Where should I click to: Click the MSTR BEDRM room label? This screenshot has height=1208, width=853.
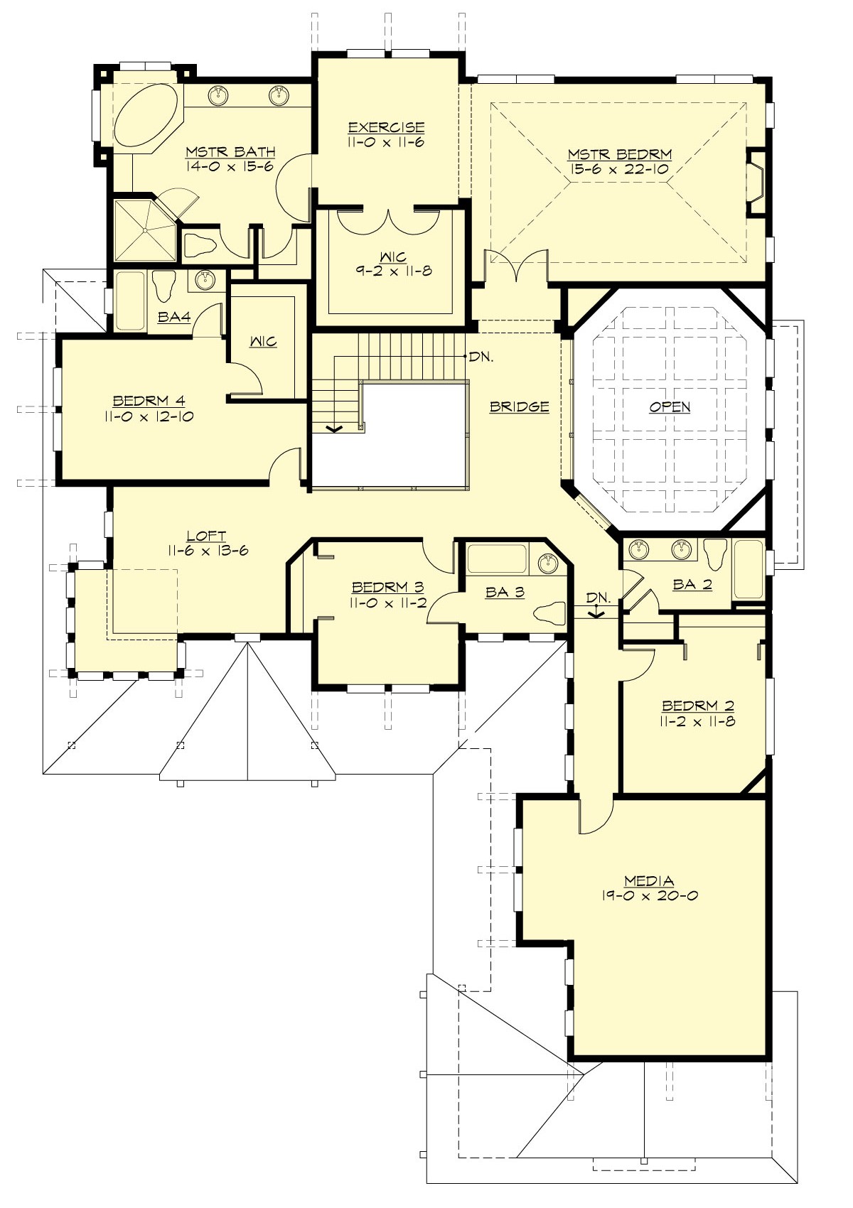pos(619,154)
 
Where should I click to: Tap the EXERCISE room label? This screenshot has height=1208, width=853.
pos(386,127)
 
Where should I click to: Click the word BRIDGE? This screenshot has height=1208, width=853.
pos(520,406)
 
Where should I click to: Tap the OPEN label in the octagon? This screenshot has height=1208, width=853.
pos(670,406)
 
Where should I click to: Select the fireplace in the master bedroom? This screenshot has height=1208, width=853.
pos(756,182)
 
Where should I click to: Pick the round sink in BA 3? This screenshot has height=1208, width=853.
pos(547,563)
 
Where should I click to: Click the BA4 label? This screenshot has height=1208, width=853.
pos(174,317)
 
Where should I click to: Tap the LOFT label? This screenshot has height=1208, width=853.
pos(206,536)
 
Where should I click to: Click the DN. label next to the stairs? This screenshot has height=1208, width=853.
pos(481,357)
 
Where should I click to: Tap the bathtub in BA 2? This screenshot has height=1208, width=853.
pos(748,568)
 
